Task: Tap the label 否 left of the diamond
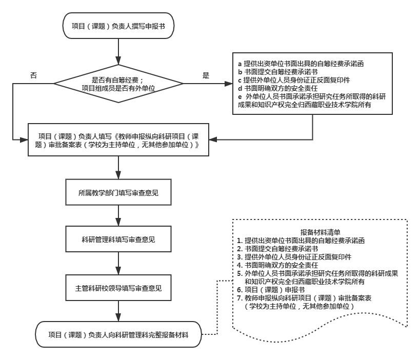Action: click(x=34, y=75)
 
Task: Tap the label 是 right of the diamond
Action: click(x=206, y=75)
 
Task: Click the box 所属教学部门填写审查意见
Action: click(x=118, y=193)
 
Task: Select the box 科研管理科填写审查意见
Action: click(x=118, y=239)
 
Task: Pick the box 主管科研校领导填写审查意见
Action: click(x=118, y=289)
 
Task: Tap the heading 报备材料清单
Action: click(x=318, y=232)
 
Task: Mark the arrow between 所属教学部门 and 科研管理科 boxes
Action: click(x=118, y=216)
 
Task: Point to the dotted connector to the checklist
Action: click(x=217, y=308)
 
